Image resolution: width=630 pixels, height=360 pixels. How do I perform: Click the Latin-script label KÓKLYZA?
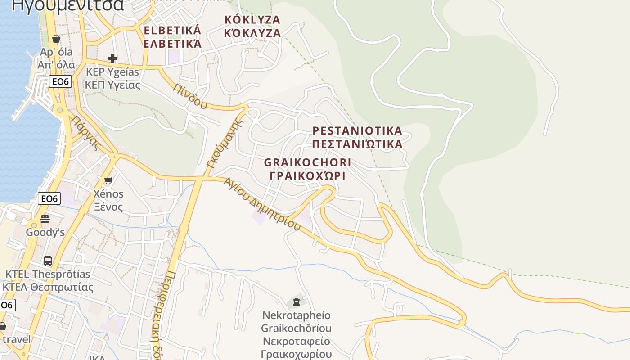coord(252,20)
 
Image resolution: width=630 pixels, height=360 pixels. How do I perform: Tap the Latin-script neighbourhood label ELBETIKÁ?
coord(172,31)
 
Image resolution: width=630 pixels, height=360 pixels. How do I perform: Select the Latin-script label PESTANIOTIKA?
coord(357,131)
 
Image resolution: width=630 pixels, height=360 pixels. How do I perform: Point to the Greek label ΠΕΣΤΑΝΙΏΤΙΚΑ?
coord(357,144)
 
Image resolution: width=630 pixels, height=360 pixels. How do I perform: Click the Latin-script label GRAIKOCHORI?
coord(308,162)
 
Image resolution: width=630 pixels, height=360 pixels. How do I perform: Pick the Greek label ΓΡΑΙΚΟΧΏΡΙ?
coord(308,175)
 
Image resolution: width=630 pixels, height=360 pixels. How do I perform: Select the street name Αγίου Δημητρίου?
coord(262,204)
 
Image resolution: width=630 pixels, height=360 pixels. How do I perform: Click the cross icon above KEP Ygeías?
coord(112,58)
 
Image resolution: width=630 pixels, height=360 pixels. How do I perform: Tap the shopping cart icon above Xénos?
coord(108,181)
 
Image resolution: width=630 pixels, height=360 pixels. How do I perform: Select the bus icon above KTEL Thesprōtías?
coord(48,261)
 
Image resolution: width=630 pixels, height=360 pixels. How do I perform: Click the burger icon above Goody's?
coord(45,219)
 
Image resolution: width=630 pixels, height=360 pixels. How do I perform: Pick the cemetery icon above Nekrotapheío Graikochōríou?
coord(297,301)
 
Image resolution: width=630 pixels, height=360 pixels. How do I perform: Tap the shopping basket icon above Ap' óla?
coord(56,39)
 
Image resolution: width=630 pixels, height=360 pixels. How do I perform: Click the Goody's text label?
coord(45,233)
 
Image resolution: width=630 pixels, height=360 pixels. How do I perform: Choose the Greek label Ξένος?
coord(108,207)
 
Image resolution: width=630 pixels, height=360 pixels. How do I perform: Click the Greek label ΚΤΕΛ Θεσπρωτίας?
coord(48,287)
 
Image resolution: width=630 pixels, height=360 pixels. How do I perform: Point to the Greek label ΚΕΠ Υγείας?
coord(113,85)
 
